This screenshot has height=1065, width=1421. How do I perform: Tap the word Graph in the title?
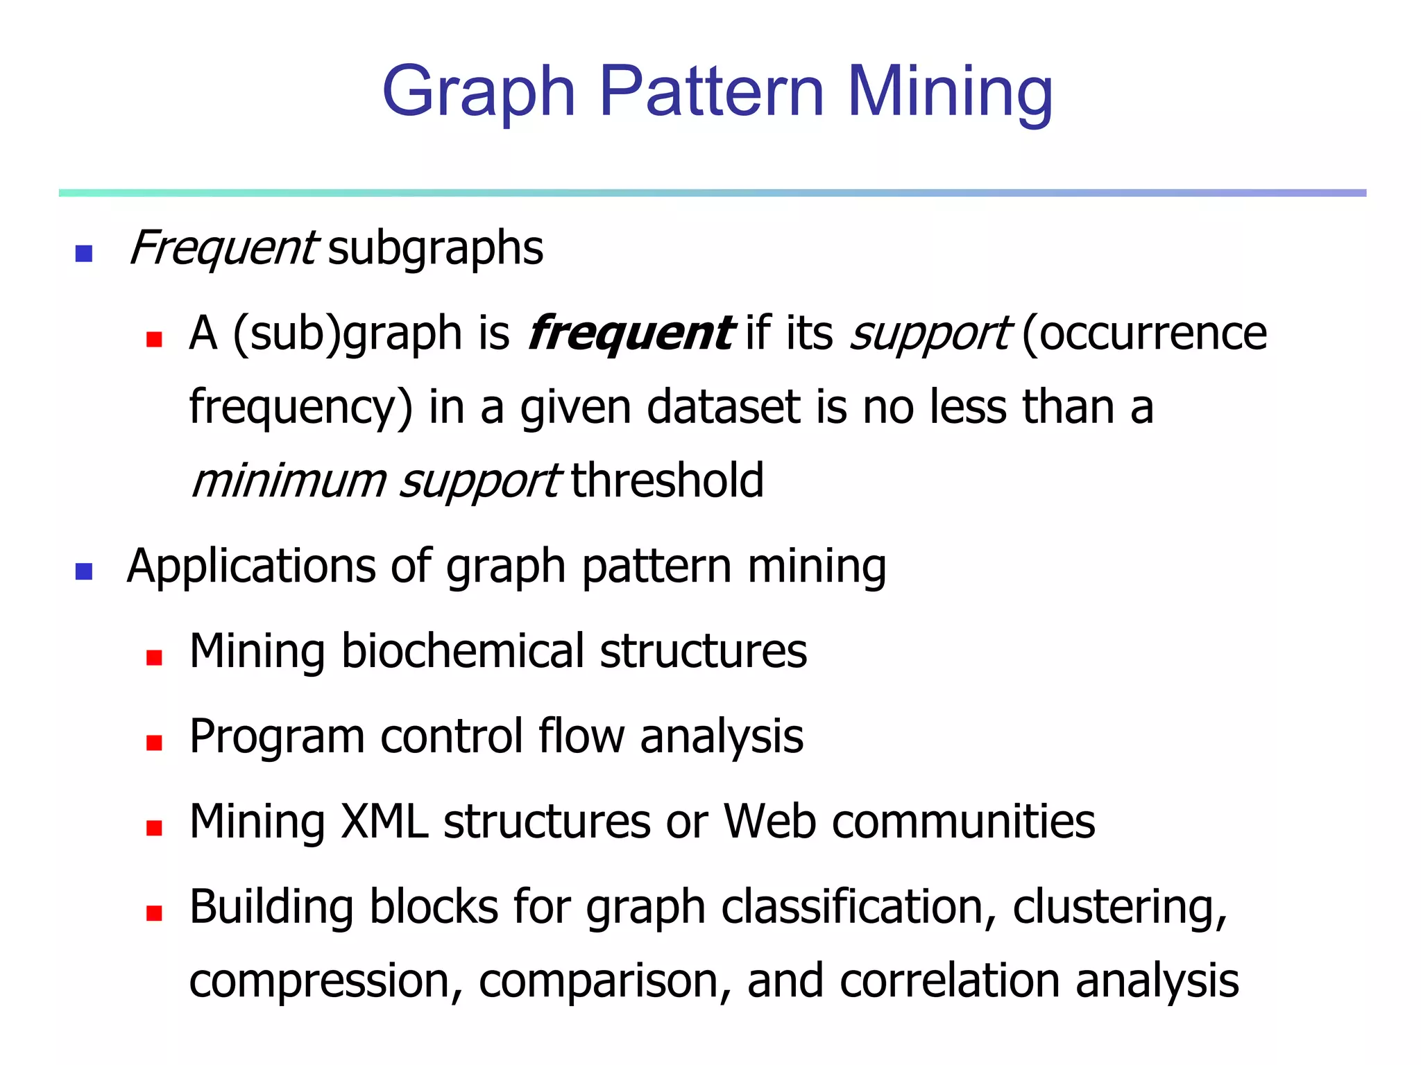(479, 92)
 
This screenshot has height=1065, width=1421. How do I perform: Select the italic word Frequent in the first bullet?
(223, 248)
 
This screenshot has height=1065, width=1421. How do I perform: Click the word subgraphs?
(436, 248)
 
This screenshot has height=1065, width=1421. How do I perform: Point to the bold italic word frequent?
(629, 334)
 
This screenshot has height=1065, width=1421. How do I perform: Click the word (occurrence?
(1144, 334)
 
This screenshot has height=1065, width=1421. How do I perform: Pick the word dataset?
(724, 407)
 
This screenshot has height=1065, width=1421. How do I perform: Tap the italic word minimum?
(288, 480)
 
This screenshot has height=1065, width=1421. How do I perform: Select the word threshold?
(667, 480)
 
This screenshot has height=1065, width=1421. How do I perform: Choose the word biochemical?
(463, 651)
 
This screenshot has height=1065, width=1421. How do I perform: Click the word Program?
(277, 736)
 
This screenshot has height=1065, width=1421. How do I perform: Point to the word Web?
(769, 822)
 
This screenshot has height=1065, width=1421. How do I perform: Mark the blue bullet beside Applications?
(84, 572)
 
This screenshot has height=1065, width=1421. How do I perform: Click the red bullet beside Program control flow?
(154, 743)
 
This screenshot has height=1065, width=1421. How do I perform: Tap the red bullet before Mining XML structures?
(154, 828)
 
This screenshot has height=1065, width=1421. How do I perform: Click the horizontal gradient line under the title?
(712, 193)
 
